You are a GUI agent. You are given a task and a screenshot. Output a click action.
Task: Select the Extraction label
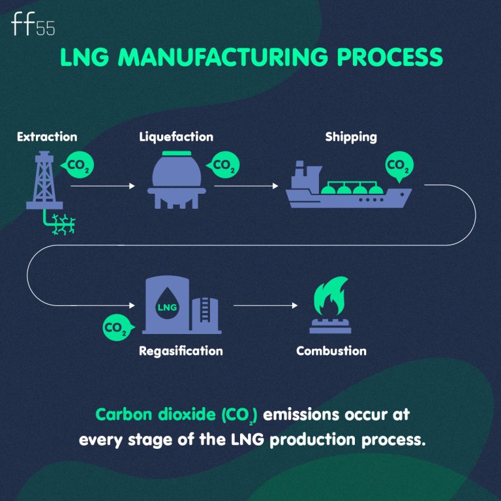point(47,137)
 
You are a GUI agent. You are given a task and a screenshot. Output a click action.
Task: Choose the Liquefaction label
point(175,137)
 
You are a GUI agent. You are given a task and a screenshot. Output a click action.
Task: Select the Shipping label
point(351,137)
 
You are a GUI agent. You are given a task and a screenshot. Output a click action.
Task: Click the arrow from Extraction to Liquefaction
point(102,187)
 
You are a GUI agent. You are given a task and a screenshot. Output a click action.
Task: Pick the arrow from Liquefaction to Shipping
point(246,187)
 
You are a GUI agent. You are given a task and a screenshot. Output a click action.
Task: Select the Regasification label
point(181,351)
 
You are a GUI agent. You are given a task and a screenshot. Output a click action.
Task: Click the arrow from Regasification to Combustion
point(261,305)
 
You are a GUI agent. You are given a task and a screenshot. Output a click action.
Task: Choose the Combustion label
point(331,351)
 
